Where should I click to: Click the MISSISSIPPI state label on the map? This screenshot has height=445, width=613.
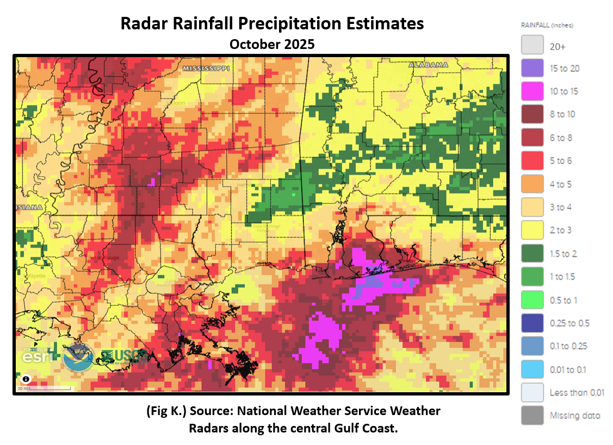click(206, 69)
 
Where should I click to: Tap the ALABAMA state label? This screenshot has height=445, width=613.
click(428, 65)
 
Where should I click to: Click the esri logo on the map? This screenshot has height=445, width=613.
click(38, 357)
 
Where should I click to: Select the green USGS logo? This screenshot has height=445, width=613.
click(124, 357)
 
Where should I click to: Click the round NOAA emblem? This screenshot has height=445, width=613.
click(78, 357)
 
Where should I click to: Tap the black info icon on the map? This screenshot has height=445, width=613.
click(25, 380)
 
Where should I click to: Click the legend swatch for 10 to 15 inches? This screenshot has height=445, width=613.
click(532, 91)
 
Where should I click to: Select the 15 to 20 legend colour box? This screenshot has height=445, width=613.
click(532, 68)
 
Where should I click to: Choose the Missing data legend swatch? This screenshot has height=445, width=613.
click(532, 415)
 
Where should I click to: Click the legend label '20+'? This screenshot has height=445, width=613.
click(558, 47)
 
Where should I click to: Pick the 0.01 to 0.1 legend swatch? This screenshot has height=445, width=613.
click(532, 369)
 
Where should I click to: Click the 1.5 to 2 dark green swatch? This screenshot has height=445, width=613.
click(532, 254)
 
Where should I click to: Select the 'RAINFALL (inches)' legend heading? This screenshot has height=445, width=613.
click(547, 26)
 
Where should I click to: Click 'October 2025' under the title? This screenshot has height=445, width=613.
click(271, 44)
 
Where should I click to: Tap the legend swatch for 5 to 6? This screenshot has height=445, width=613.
click(532, 160)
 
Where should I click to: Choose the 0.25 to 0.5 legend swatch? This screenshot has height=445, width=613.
click(532, 323)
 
